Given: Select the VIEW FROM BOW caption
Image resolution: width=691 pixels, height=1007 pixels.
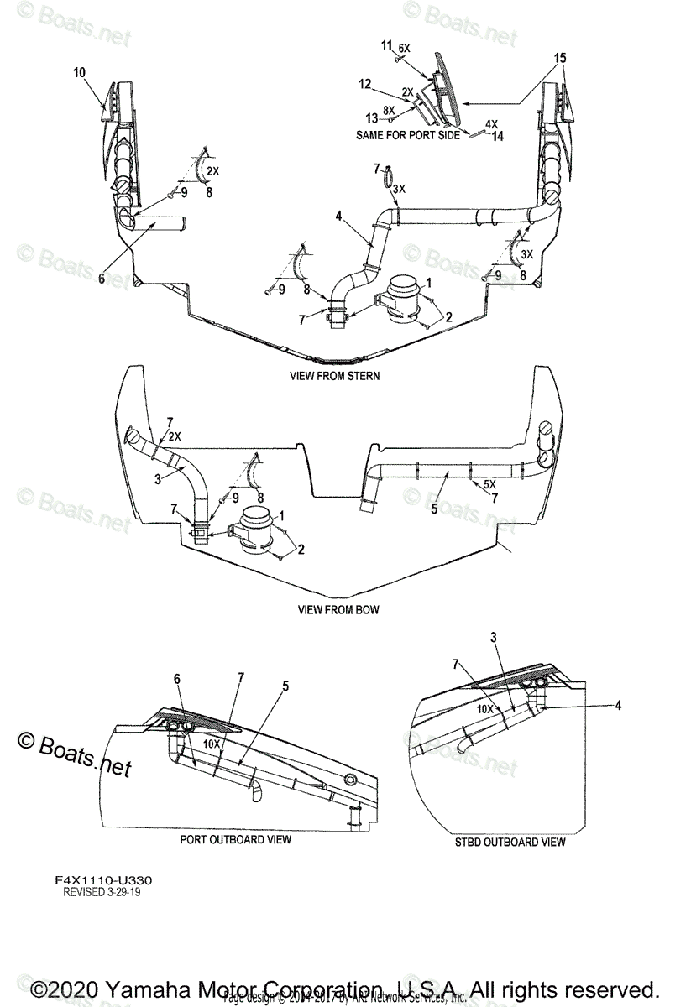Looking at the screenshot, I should tap(338, 609).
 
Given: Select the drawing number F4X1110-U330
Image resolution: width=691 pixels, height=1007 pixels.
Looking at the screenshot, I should tap(107, 880).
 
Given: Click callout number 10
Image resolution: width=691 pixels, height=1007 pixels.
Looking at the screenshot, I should tap(80, 73).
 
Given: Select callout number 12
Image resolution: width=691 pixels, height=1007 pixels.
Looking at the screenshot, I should tap(364, 84).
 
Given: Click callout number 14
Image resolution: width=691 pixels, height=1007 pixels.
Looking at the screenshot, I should tap(498, 135).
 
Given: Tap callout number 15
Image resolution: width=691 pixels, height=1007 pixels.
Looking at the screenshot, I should tap(560, 58).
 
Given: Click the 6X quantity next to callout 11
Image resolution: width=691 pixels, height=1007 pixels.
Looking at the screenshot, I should tap(404, 49).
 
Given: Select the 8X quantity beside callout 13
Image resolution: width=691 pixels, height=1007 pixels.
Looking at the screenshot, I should tap(387, 110).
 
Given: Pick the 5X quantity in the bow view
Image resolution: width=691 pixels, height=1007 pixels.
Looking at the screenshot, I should tap(490, 484).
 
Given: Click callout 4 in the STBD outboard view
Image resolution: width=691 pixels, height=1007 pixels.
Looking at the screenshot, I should tap(618, 706).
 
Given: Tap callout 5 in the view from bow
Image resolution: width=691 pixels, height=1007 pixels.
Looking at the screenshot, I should tap(433, 509).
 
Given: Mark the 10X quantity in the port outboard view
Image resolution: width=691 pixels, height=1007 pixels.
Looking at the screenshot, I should tap(211, 744).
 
